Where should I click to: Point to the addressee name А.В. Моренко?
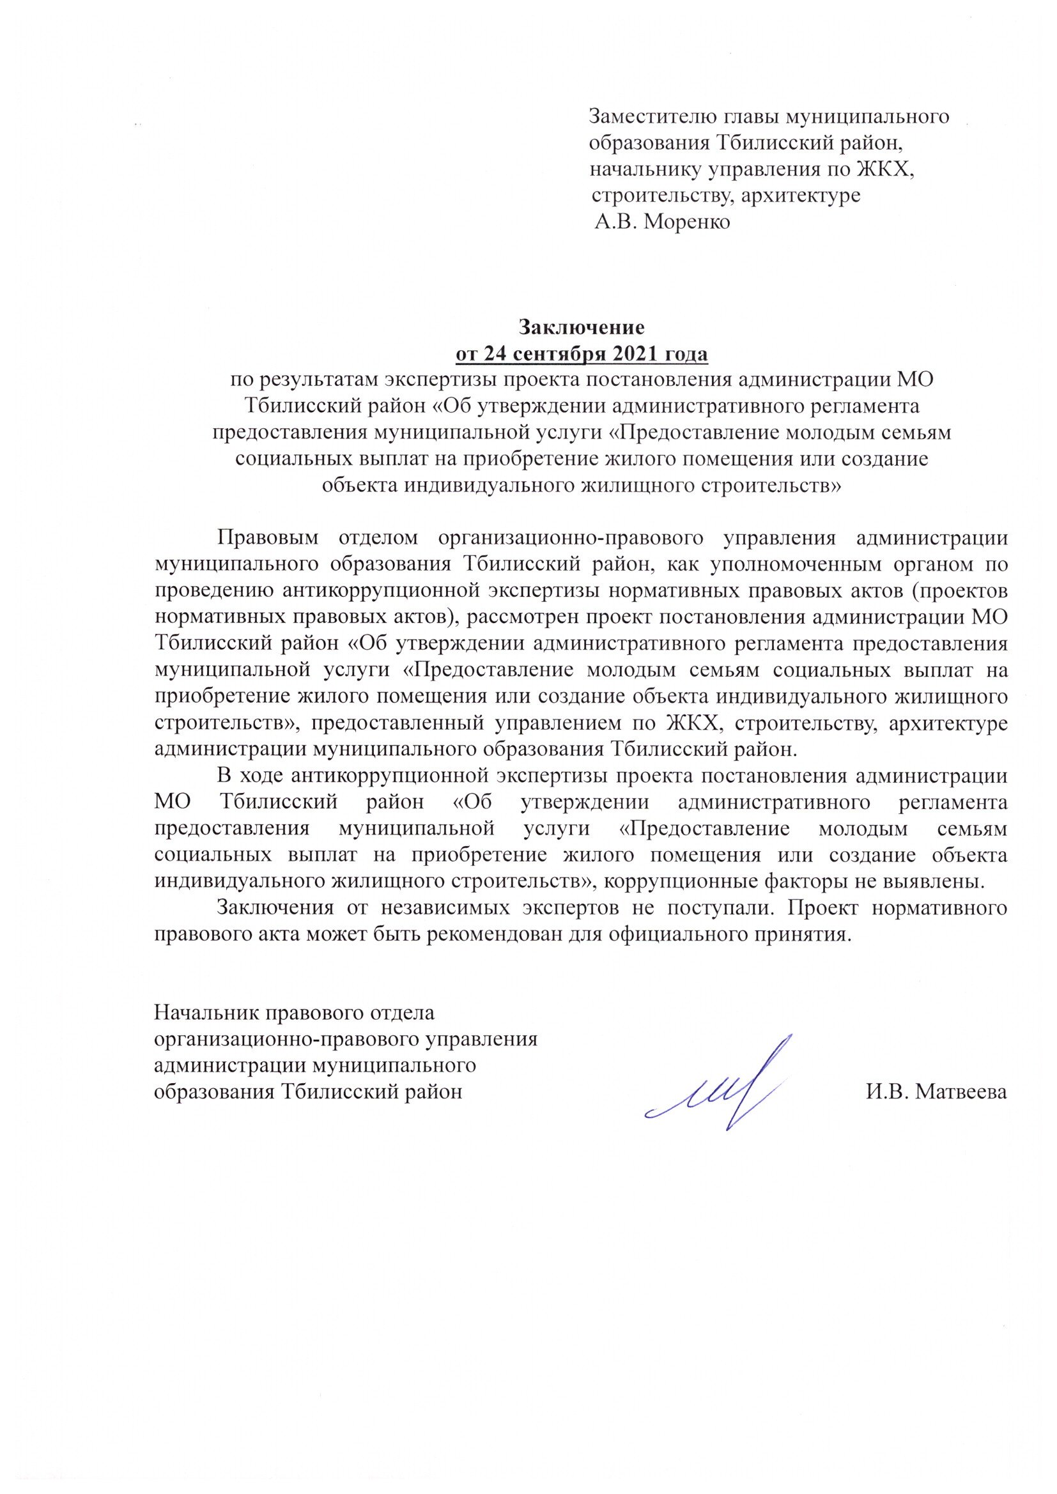click(663, 222)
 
